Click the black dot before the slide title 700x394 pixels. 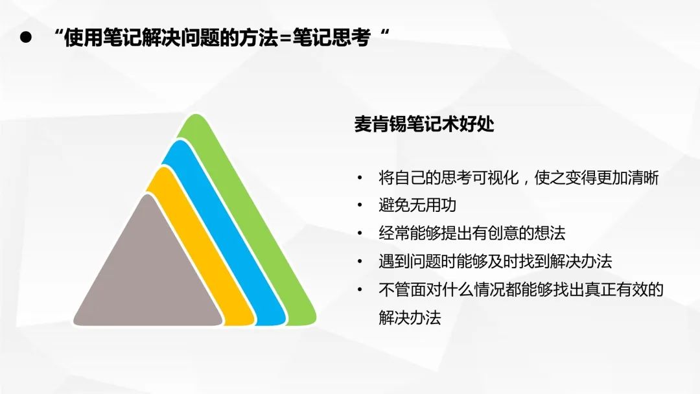pos(25,38)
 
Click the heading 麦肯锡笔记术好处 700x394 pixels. pos(424,124)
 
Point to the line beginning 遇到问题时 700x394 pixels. pos(495,261)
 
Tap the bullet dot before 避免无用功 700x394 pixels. pos(360,205)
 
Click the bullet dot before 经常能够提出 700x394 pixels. pos(360,233)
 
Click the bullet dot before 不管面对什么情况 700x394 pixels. pos(360,290)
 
